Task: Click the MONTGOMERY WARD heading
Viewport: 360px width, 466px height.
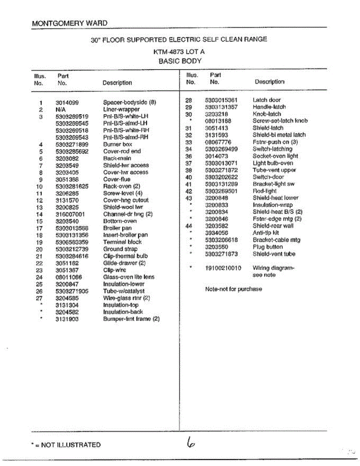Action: click(70, 23)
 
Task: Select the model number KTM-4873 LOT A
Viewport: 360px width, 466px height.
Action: click(179, 51)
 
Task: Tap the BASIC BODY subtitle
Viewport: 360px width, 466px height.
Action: click(180, 61)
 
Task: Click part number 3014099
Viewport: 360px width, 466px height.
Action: click(67, 103)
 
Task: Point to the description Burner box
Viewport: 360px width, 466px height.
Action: click(118, 144)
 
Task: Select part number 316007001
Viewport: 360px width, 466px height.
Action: click(70, 214)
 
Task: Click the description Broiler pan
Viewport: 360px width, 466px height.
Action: click(117, 228)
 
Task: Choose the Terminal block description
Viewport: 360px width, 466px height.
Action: click(122, 242)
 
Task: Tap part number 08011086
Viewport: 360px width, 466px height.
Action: click(69, 277)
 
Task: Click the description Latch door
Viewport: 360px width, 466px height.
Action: click(266, 100)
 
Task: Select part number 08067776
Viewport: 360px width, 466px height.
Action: click(218, 142)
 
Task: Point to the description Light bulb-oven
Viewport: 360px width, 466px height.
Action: click(273, 163)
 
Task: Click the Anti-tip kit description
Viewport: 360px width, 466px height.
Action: click(266, 233)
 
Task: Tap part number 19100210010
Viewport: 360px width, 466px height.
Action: click(223, 268)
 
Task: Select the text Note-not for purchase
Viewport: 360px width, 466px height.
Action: click(233, 289)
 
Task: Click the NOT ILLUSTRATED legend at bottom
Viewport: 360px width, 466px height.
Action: click(66, 445)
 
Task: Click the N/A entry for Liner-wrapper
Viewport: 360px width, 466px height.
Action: click(61, 110)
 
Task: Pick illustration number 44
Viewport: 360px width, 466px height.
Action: click(189, 226)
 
